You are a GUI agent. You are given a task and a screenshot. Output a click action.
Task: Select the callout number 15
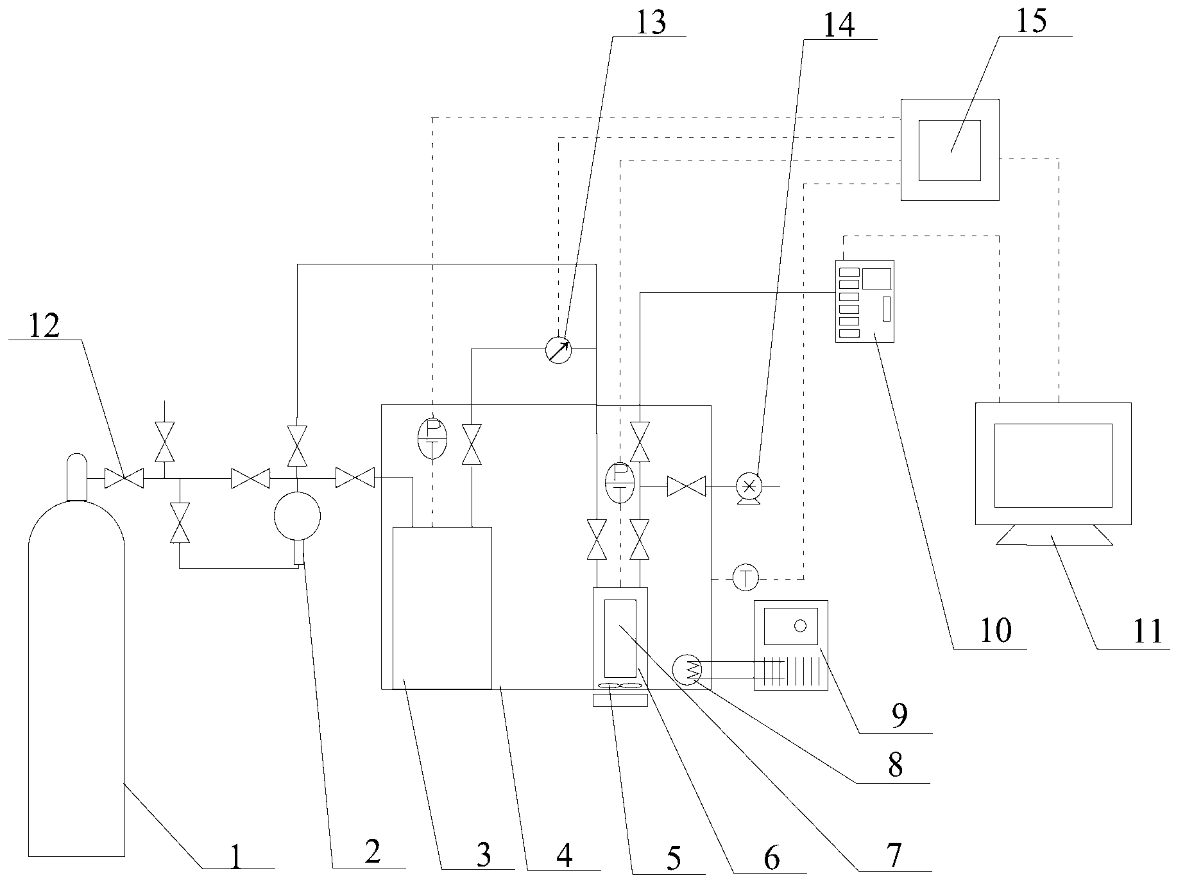[1032, 21]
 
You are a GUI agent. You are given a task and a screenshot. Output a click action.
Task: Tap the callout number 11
[1147, 632]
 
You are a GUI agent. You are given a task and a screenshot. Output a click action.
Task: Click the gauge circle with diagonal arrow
[558, 350]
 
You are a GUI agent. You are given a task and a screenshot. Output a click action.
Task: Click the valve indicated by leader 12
[124, 478]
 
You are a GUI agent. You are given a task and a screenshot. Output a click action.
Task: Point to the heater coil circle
[687, 670]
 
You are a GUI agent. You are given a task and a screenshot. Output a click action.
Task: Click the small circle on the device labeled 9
[799, 626]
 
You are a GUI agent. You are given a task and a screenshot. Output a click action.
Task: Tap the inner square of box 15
[950, 150]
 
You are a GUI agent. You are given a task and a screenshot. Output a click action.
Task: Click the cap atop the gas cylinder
[76, 477]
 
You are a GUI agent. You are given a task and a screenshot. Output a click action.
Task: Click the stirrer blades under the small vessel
[620, 687]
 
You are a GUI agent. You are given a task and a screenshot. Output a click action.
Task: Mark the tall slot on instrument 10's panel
[887, 309]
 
